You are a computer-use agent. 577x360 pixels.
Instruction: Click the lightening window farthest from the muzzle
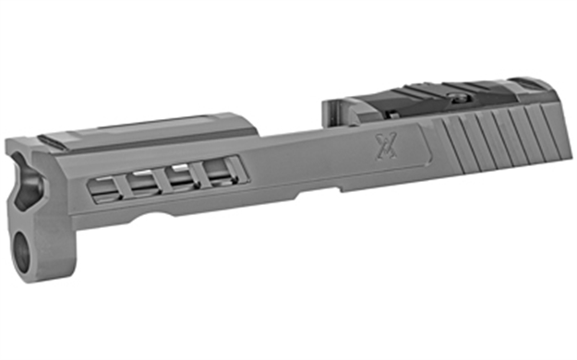point(215,170)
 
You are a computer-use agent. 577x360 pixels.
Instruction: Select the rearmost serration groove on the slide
point(550,125)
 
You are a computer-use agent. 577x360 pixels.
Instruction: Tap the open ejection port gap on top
point(286,129)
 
